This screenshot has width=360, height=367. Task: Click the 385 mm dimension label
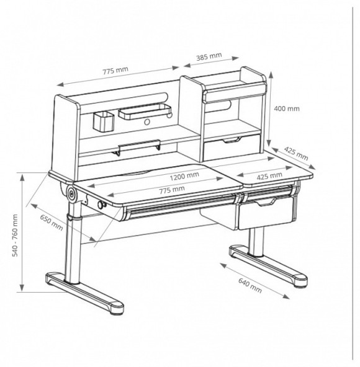pyautogui.click(x=209, y=56)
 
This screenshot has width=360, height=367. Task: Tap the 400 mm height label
pyautogui.click(x=287, y=108)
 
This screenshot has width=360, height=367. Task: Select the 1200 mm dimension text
pyautogui.click(x=184, y=176)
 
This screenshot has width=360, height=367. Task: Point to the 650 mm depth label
pyautogui.click(x=52, y=222)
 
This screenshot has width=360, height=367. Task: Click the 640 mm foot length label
pyautogui.click(x=250, y=285)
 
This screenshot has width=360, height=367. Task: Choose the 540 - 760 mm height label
pyautogui.click(x=15, y=235)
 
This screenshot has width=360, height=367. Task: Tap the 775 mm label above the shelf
pyautogui.click(x=115, y=70)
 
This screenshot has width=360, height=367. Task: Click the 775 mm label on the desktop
pyautogui.click(x=172, y=190)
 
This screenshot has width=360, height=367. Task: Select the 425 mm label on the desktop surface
pyautogui.click(x=269, y=176)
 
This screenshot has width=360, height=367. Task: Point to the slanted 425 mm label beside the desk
pyautogui.click(x=296, y=154)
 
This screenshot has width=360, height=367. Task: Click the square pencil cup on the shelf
pyautogui.click(x=104, y=122)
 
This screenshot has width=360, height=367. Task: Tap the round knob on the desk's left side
pyautogui.click(x=101, y=205)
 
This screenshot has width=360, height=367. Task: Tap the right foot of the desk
pyautogui.click(x=268, y=265)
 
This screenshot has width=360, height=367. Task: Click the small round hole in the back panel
pyautogui.click(x=147, y=122)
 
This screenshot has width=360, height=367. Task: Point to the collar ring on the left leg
pyautogui.click(x=74, y=217)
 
